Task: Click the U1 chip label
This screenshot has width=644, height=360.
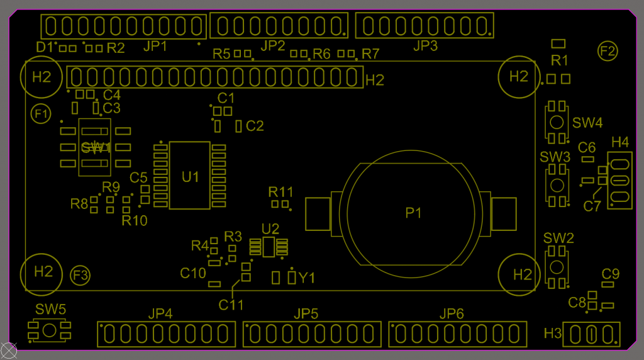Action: tap(190, 177)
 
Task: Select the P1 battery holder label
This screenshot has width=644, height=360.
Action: tap(413, 213)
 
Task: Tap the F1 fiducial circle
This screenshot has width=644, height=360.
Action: tap(41, 114)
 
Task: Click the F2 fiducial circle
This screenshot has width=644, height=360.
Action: tap(608, 51)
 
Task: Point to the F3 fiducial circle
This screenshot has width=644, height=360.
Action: tap(80, 275)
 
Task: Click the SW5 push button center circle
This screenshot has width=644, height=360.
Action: tap(49, 330)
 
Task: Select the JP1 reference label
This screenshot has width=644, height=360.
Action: tap(155, 46)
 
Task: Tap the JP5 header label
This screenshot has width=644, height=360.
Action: tap(306, 314)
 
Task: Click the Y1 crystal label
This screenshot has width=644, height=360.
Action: tap(307, 278)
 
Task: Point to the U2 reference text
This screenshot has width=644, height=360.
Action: tap(270, 229)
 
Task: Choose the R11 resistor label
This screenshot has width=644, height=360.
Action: tap(281, 192)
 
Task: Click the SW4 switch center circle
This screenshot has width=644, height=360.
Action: tap(557, 122)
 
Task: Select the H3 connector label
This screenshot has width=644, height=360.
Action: tap(552, 334)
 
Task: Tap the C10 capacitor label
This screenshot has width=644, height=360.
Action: tap(193, 273)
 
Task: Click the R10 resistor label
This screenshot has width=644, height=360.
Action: tap(135, 221)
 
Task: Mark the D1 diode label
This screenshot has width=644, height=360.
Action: tap(45, 47)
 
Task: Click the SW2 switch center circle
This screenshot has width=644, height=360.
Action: tap(557, 267)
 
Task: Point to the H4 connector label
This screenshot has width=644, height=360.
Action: tap(619, 142)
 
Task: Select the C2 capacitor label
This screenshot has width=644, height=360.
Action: tap(255, 126)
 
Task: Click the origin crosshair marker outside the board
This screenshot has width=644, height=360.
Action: tap(8, 351)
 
